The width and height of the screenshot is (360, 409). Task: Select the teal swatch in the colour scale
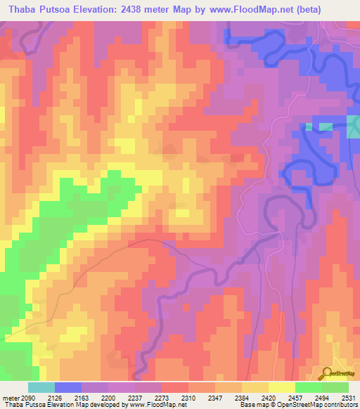point(41,387)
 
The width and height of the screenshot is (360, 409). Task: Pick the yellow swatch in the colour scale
point(281,387)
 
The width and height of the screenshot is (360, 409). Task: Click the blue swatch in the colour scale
point(68,387)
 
